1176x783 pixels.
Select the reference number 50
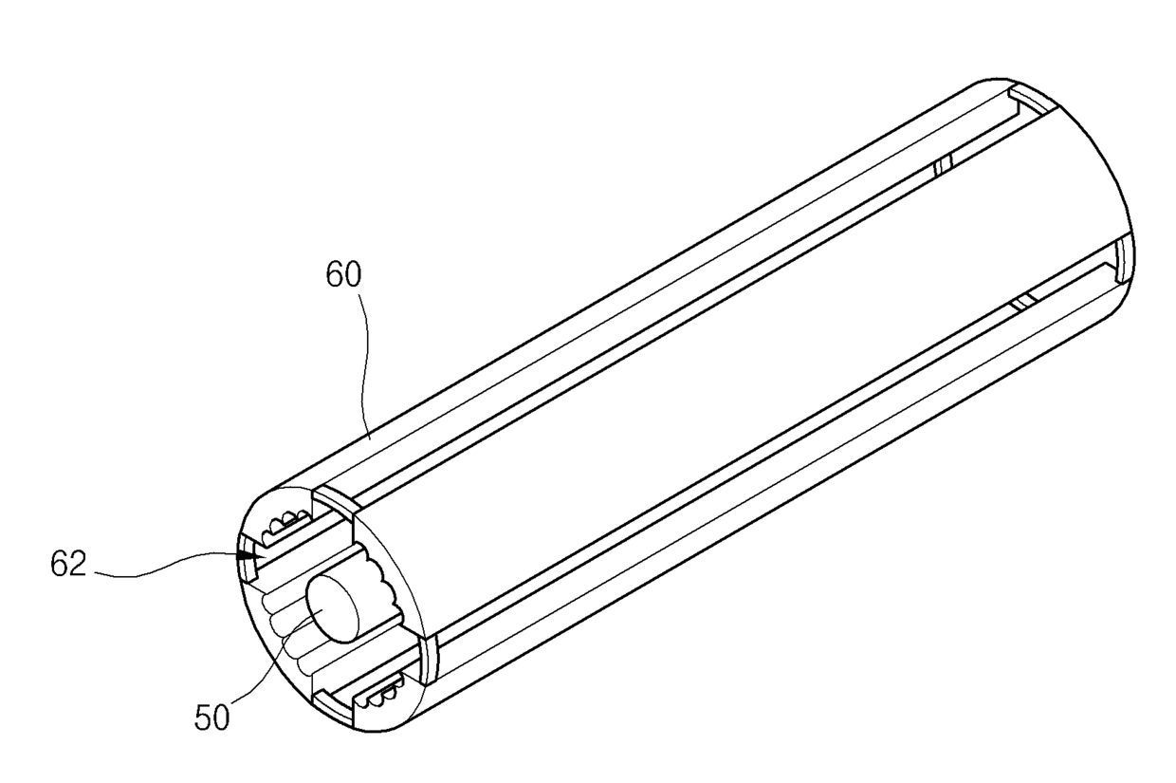211,717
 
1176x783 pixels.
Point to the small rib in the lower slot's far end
1021,303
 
